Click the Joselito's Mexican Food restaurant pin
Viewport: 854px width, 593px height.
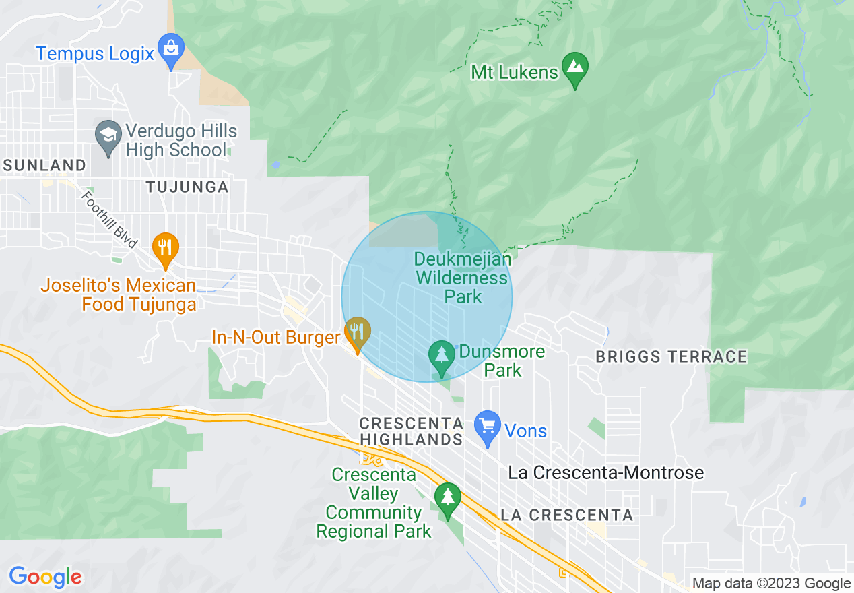[165, 248]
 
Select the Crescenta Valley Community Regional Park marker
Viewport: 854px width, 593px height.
[447, 499]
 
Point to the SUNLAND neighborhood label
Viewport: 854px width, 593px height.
[44, 165]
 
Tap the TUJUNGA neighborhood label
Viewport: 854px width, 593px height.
[187, 187]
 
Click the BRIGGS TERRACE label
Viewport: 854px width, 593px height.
[671, 356]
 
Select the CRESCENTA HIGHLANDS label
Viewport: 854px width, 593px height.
[411, 431]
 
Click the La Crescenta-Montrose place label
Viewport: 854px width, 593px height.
[605, 472]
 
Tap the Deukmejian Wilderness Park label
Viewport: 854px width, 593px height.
[463, 278]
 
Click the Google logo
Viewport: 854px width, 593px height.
[45, 577]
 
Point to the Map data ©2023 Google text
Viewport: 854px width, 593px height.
[771, 584]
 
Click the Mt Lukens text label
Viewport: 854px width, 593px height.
[515, 72]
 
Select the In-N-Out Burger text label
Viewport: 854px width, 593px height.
[275, 337]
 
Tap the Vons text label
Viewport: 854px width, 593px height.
[525, 431]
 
